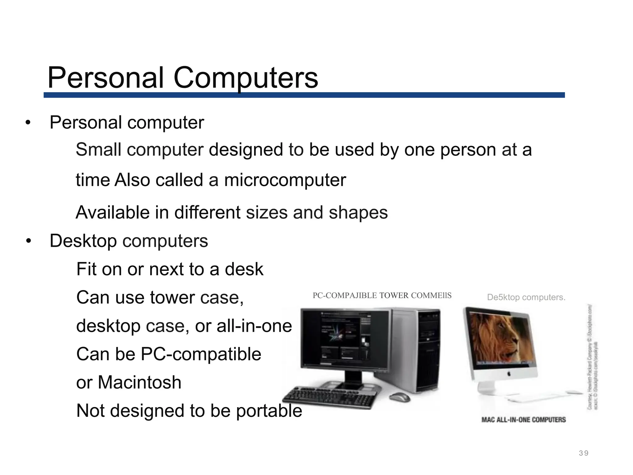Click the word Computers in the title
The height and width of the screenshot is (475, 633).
246,78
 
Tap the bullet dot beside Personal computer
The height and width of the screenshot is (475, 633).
28,123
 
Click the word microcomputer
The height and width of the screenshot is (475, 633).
285,180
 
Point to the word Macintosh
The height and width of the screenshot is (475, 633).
139,382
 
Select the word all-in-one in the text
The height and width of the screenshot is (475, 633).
254,326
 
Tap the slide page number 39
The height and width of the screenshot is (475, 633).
584,453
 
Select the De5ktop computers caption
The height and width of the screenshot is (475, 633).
526,297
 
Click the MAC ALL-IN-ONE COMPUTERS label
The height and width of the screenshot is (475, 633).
524,420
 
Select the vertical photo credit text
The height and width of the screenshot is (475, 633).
593,357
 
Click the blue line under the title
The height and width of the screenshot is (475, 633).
304,95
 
